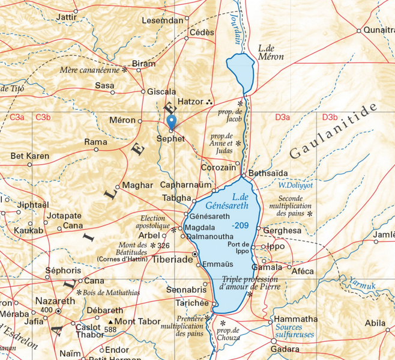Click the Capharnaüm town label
187,185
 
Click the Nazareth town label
55,301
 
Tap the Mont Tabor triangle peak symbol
110,322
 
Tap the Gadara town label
285,349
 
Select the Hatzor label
191,102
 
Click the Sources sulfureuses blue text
295,331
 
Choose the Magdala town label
201,227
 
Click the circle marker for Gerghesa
259,228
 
